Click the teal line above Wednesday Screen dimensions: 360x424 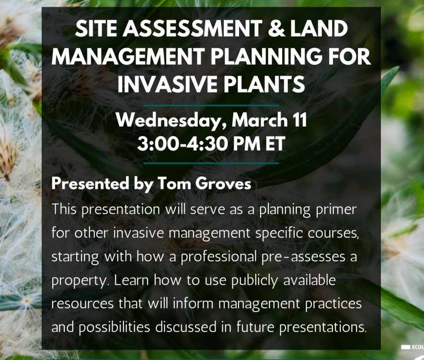pyautogui.click(x=211, y=105)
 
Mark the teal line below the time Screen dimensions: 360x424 pyautogui.click(x=211, y=163)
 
